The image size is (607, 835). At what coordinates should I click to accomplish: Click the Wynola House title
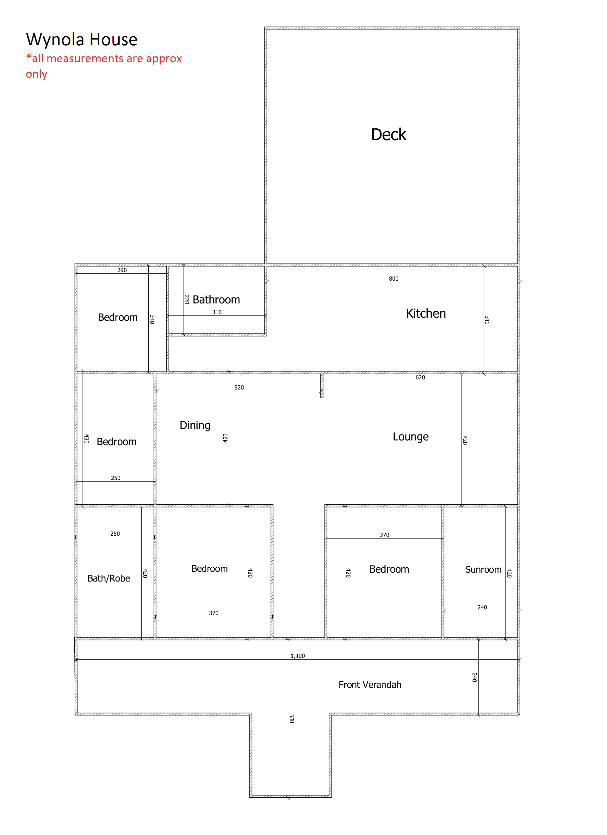(82, 40)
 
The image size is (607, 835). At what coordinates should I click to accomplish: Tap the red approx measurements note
(104, 66)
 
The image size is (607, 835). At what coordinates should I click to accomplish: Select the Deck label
(389, 135)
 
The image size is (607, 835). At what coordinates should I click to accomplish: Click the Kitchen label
(426, 314)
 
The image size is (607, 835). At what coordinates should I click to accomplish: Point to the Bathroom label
(216, 300)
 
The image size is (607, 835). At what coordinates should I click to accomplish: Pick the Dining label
(195, 426)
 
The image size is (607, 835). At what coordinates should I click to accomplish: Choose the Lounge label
(411, 437)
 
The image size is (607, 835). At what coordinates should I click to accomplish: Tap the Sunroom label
(483, 570)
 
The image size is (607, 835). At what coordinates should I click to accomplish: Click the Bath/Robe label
(108, 579)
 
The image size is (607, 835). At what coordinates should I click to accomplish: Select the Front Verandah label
(370, 685)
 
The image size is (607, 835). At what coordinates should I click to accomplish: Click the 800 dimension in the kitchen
(393, 279)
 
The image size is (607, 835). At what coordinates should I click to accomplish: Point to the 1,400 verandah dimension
(298, 656)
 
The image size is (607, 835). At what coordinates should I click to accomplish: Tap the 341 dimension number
(487, 320)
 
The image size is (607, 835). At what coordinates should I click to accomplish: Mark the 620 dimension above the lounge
(420, 377)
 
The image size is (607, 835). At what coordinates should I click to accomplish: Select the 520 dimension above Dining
(239, 388)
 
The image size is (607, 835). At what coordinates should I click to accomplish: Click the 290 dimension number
(122, 270)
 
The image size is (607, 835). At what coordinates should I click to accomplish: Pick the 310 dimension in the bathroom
(217, 312)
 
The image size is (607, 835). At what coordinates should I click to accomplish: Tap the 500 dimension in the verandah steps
(292, 719)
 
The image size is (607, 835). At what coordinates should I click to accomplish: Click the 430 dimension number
(86, 439)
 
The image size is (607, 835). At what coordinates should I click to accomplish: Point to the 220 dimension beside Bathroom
(187, 299)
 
